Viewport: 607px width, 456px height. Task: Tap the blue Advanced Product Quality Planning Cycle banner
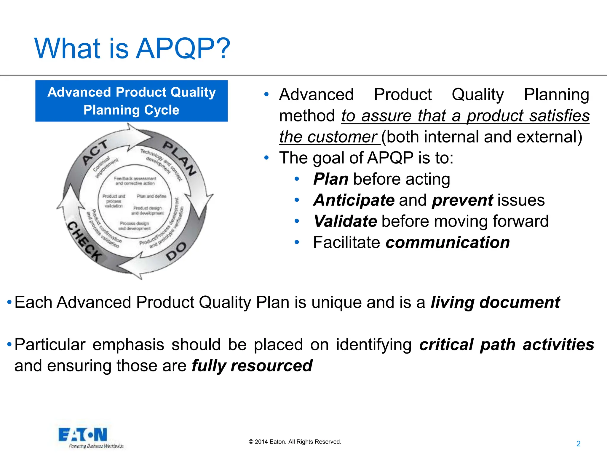131,101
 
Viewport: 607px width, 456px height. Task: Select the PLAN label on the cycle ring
180,158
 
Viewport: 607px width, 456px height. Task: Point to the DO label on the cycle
176,251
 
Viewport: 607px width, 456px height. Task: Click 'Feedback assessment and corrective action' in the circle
135,181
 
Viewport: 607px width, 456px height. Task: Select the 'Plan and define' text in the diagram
151,196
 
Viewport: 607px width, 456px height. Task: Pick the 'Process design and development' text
134,226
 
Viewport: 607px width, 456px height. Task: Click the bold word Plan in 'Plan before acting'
330,179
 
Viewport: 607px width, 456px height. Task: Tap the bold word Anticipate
354,200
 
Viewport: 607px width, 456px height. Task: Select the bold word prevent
462,200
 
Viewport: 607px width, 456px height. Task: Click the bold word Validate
345,221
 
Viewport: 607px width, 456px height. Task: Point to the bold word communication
448,243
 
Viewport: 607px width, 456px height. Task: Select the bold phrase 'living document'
495,303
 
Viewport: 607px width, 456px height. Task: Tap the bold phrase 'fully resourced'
252,366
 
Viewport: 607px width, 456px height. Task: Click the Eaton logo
83,435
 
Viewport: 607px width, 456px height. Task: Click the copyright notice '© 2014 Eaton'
295,442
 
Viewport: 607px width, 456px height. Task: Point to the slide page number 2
578,444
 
